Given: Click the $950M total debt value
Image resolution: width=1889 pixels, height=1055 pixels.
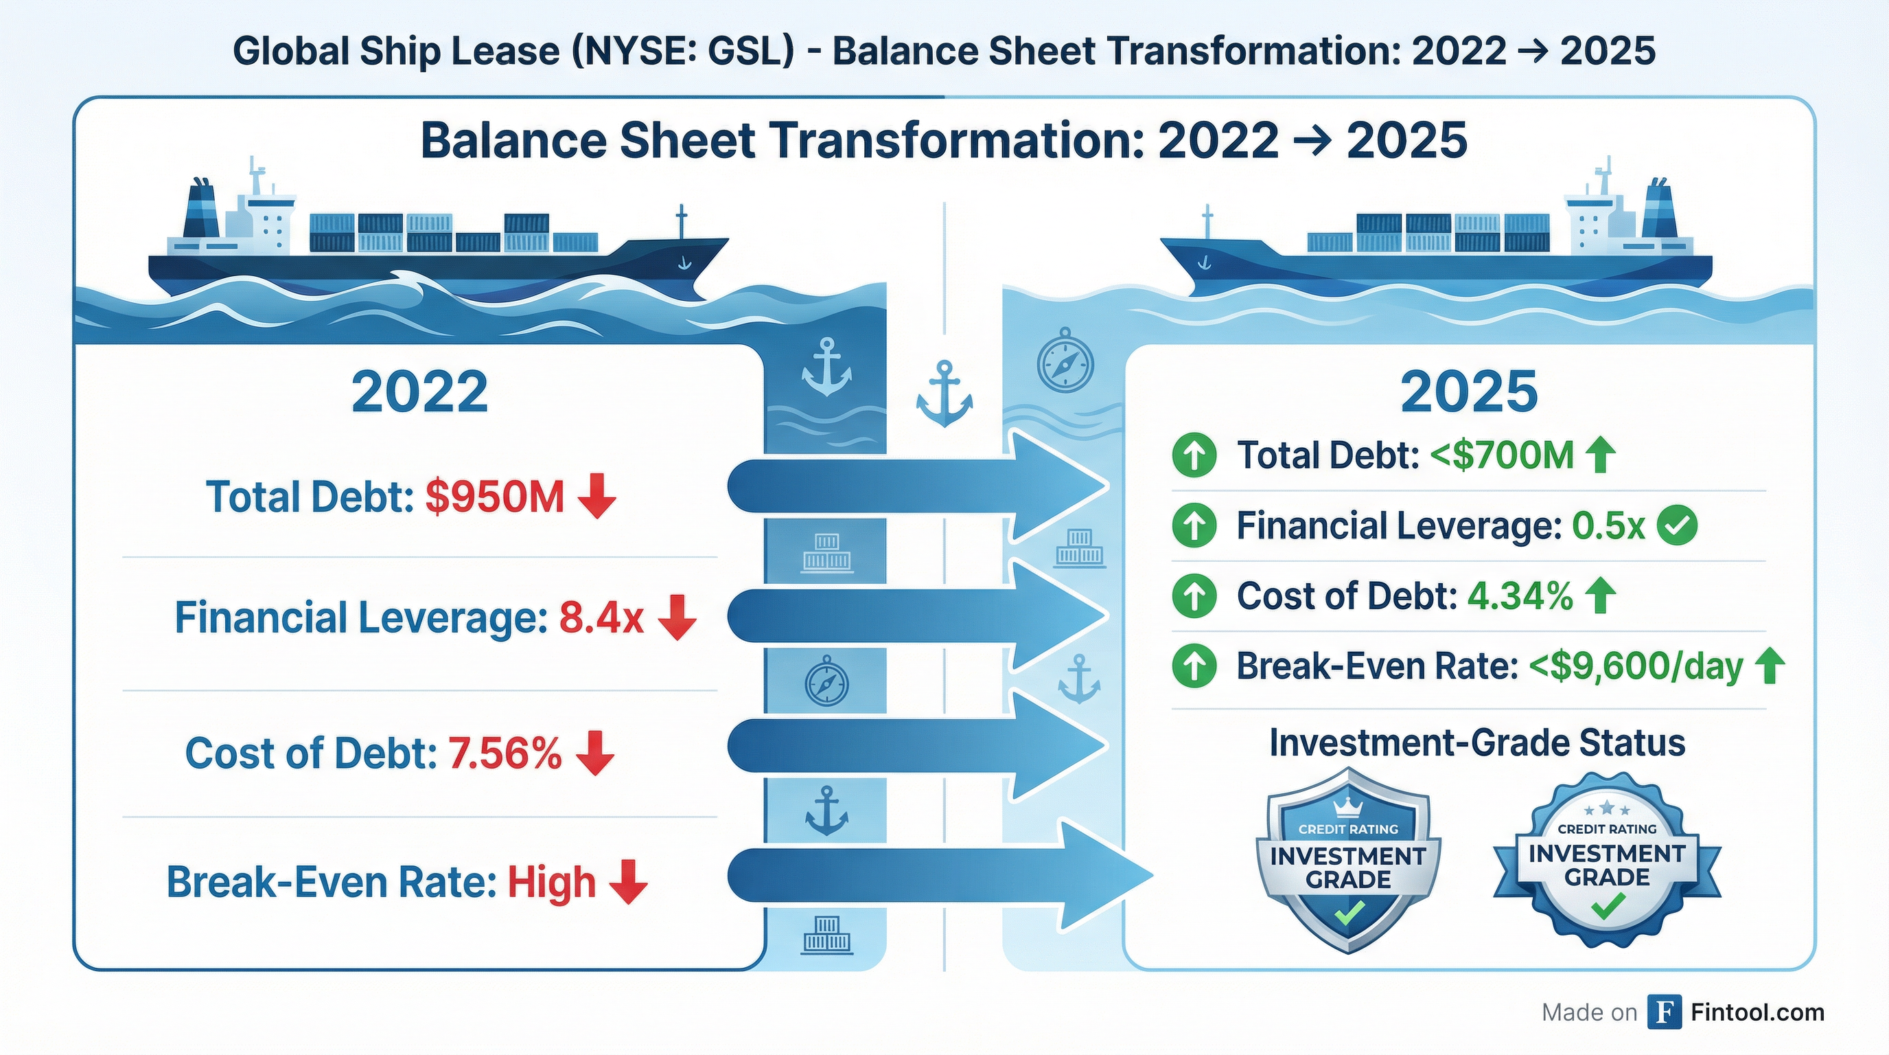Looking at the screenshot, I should pyautogui.click(x=494, y=497).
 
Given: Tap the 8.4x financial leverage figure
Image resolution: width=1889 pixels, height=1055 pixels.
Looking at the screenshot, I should pyautogui.click(x=601, y=617).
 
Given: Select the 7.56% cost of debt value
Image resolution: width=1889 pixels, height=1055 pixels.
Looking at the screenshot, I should pyautogui.click(x=505, y=753).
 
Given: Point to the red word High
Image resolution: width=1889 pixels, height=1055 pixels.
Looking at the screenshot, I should pyautogui.click(x=551, y=882).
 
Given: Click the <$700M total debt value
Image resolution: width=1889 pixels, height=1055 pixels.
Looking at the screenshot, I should pyautogui.click(x=1502, y=455).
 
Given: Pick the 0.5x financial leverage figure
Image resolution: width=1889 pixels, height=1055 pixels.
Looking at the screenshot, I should pyautogui.click(x=1608, y=526).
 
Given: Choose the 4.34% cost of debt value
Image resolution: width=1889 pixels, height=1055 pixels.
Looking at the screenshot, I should pyautogui.click(x=1520, y=595).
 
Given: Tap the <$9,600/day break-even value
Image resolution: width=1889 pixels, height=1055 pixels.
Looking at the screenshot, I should pyautogui.click(x=1635, y=667).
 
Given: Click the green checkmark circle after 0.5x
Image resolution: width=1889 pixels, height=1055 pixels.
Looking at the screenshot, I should pyautogui.click(x=1676, y=526).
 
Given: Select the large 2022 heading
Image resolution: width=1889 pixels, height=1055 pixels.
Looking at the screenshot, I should pyautogui.click(x=419, y=392).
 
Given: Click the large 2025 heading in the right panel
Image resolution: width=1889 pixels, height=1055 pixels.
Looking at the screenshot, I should pyautogui.click(x=1469, y=392).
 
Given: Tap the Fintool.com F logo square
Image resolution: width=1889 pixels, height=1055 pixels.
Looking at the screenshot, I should pyautogui.click(x=1664, y=1013).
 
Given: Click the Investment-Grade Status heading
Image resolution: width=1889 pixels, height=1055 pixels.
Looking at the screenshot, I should pyautogui.click(x=1477, y=742).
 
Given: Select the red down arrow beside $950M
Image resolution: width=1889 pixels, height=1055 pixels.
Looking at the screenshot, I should pyautogui.click(x=597, y=497).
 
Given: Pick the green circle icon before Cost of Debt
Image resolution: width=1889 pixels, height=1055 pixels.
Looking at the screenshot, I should pyautogui.click(x=1194, y=595).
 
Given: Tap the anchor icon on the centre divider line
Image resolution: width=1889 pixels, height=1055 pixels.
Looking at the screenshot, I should pyautogui.click(x=944, y=394).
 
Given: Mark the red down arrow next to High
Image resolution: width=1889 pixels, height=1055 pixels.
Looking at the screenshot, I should pyautogui.click(x=629, y=882).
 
